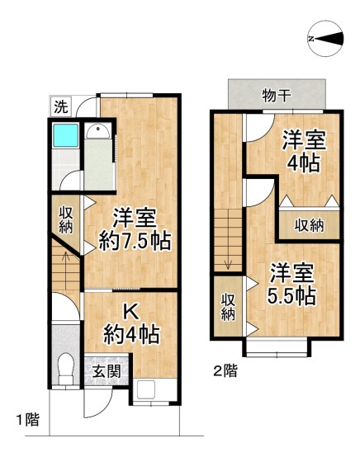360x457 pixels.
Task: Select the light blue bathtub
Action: pyautogui.click(x=64, y=137)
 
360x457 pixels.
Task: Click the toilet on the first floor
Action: pyautogui.click(x=64, y=366)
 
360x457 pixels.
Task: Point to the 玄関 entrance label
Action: pyautogui.click(x=106, y=371)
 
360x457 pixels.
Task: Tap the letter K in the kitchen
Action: pyautogui.click(x=130, y=312)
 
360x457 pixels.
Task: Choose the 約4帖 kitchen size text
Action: pyautogui.click(x=131, y=335)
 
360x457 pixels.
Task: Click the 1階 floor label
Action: pyautogui.click(x=26, y=420)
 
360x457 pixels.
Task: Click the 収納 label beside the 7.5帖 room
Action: pyautogui.click(x=67, y=219)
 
